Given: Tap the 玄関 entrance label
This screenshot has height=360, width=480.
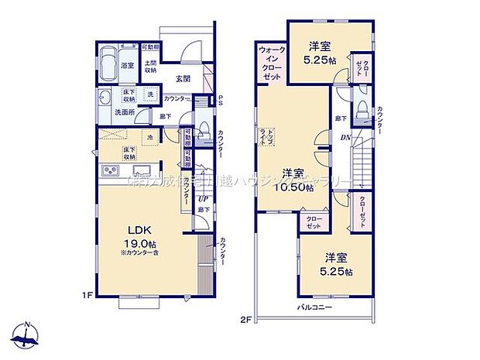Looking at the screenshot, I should click(x=183, y=79).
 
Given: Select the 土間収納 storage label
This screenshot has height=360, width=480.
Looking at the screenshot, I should click(x=150, y=67).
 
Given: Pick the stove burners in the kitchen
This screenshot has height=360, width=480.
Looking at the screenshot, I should click(x=109, y=171).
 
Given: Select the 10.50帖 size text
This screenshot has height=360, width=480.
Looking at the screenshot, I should click(x=297, y=187).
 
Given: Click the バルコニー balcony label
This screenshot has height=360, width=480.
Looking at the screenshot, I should click(x=315, y=307).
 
